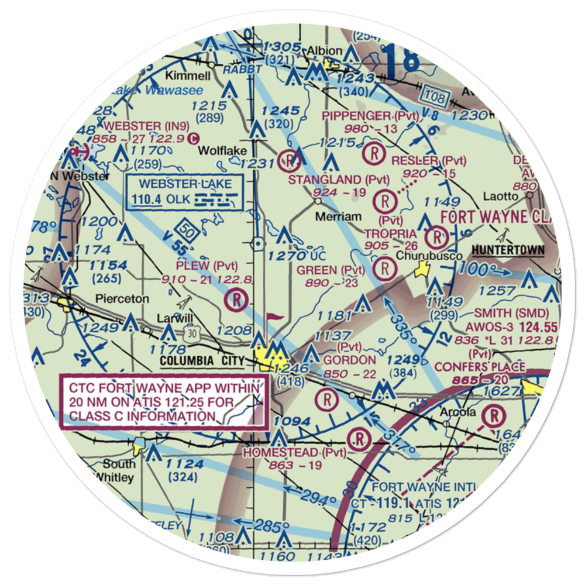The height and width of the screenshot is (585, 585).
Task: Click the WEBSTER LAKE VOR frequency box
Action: tap(184, 192)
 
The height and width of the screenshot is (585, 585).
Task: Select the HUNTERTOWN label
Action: tap(508, 250)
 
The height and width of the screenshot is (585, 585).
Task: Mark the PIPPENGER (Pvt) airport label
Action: tap(370, 116)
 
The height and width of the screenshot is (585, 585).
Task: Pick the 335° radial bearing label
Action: tap(401, 334)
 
